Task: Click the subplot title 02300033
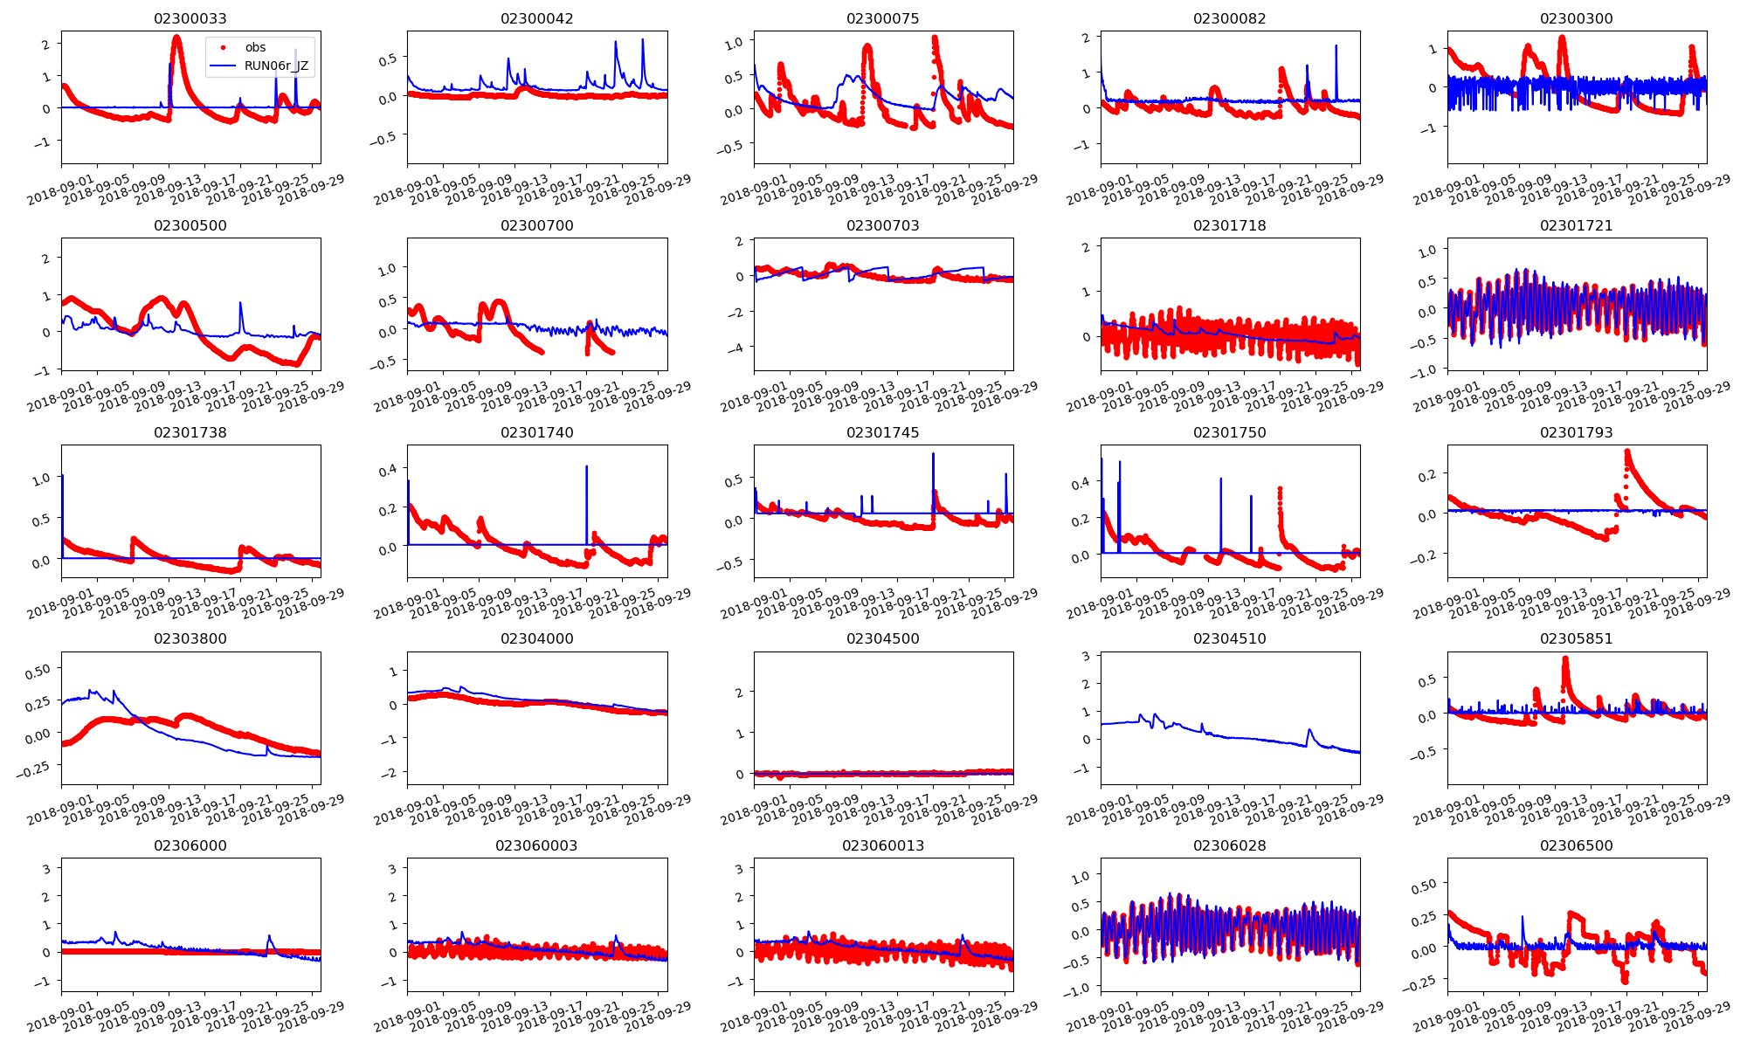click(x=190, y=18)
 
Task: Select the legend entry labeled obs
click(x=255, y=47)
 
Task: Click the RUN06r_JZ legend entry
click(x=276, y=65)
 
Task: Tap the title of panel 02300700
click(x=536, y=225)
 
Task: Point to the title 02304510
click(x=1229, y=638)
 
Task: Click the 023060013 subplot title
click(x=882, y=845)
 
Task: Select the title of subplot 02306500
click(x=1576, y=845)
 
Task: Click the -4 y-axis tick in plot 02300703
click(x=738, y=348)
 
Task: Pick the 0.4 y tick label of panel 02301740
click(x=387, y=470)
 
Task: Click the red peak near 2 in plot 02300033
click(x=176, y=38)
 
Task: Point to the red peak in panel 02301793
click(x=1627, y=452)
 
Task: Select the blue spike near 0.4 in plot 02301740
click(x=586, y=467)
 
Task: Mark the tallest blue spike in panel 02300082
click(x=1336, y=46)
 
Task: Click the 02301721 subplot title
click(x=1576, y=225)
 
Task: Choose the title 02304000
click(x=536, y=638)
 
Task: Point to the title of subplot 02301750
click(x=1229, y=432)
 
